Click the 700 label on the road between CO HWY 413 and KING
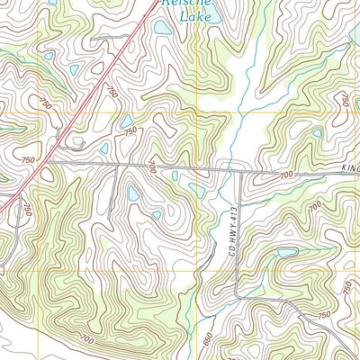286,175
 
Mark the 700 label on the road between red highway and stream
153,167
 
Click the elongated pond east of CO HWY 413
288,253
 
